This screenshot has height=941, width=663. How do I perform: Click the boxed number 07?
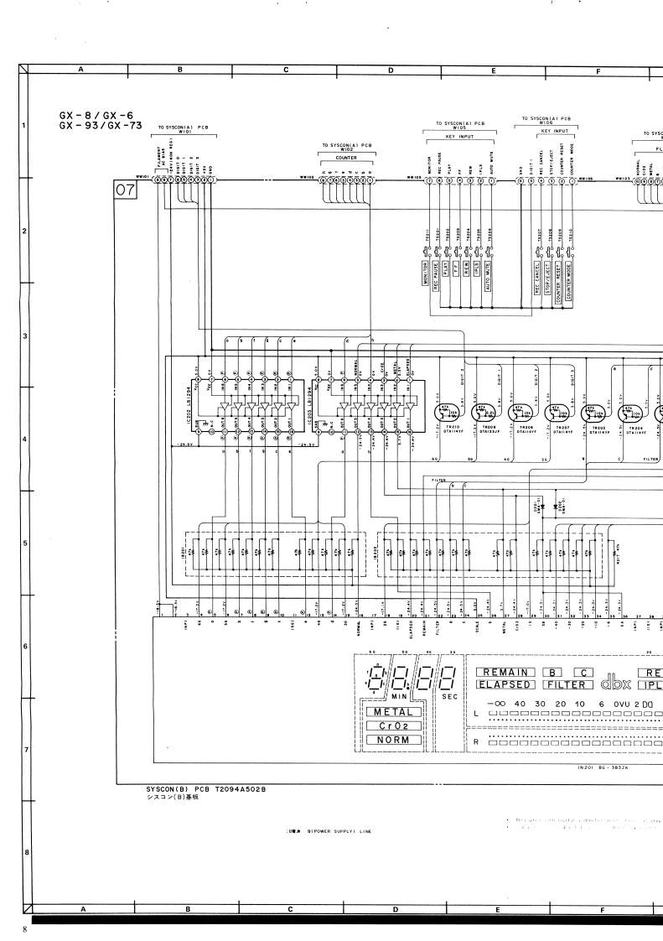(x=125, y=192)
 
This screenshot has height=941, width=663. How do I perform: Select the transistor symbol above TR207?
(x=555, y=412)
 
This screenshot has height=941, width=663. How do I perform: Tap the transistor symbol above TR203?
(x=594, y=412)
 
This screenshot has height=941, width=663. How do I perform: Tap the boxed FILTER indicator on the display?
(x=567, y=684)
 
